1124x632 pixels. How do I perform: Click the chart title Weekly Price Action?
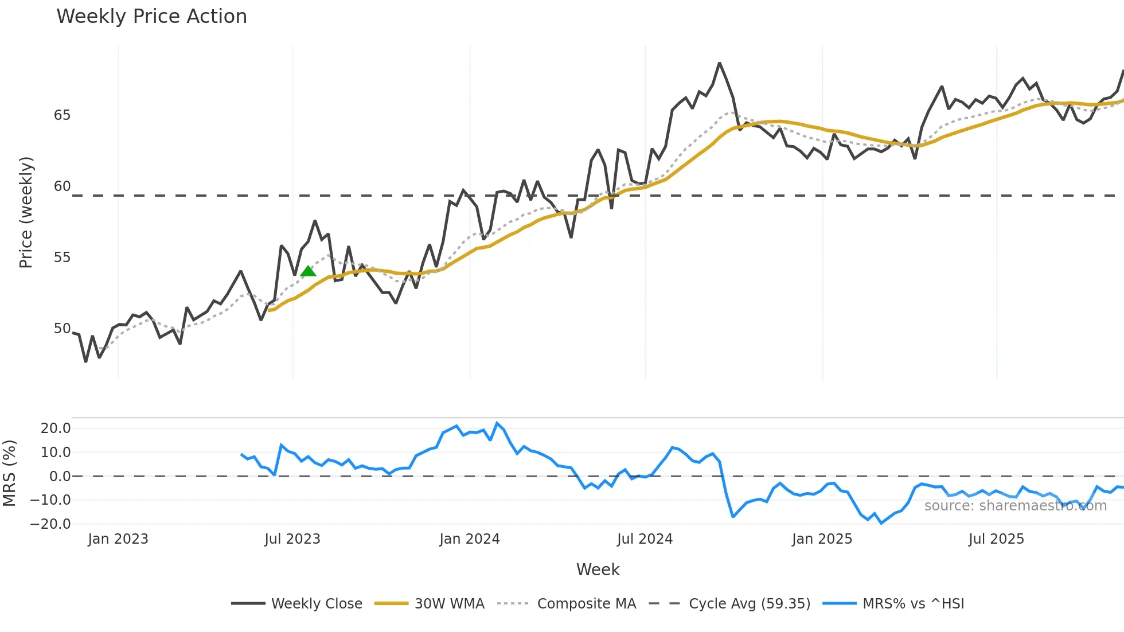151,17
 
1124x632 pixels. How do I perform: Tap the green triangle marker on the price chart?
309,271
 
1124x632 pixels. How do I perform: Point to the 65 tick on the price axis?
62,115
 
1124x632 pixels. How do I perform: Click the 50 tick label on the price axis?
62,329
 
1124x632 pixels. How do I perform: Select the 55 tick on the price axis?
62,258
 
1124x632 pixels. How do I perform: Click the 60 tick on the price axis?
62,186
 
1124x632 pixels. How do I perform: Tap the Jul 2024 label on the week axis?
645,539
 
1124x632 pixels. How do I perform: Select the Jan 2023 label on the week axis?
118,539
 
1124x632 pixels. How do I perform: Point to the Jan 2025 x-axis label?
822,539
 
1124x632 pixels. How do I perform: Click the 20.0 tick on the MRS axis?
56,428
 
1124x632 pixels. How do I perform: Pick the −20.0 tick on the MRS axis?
50,524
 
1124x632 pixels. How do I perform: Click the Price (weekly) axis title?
26,212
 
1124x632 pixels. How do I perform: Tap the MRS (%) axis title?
9,473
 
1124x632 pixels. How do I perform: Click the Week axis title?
598,569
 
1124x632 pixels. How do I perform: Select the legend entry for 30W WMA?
449,604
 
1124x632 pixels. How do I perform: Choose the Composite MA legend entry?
586,604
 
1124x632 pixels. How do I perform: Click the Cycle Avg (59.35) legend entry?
749,604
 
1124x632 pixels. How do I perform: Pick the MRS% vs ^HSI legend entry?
913,604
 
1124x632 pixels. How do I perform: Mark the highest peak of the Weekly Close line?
719,63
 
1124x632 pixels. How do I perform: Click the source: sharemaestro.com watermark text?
1015,506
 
